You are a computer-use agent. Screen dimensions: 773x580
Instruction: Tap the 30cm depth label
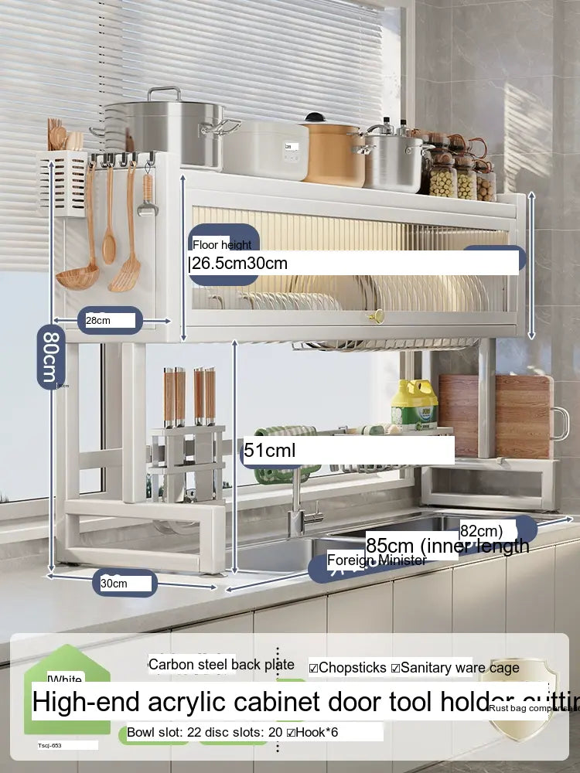point(114,584)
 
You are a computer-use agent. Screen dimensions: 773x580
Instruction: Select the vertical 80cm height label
point(49,356)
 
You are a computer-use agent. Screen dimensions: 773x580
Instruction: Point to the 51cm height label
point(270,450)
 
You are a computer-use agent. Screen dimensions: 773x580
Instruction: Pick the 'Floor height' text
point(222,245)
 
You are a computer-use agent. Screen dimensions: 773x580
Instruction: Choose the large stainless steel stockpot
point(166,128)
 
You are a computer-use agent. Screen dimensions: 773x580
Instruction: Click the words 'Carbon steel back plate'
point(221,665)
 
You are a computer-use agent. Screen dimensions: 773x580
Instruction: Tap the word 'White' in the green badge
point(65,680)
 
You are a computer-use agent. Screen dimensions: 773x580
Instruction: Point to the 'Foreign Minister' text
point(376,560)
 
